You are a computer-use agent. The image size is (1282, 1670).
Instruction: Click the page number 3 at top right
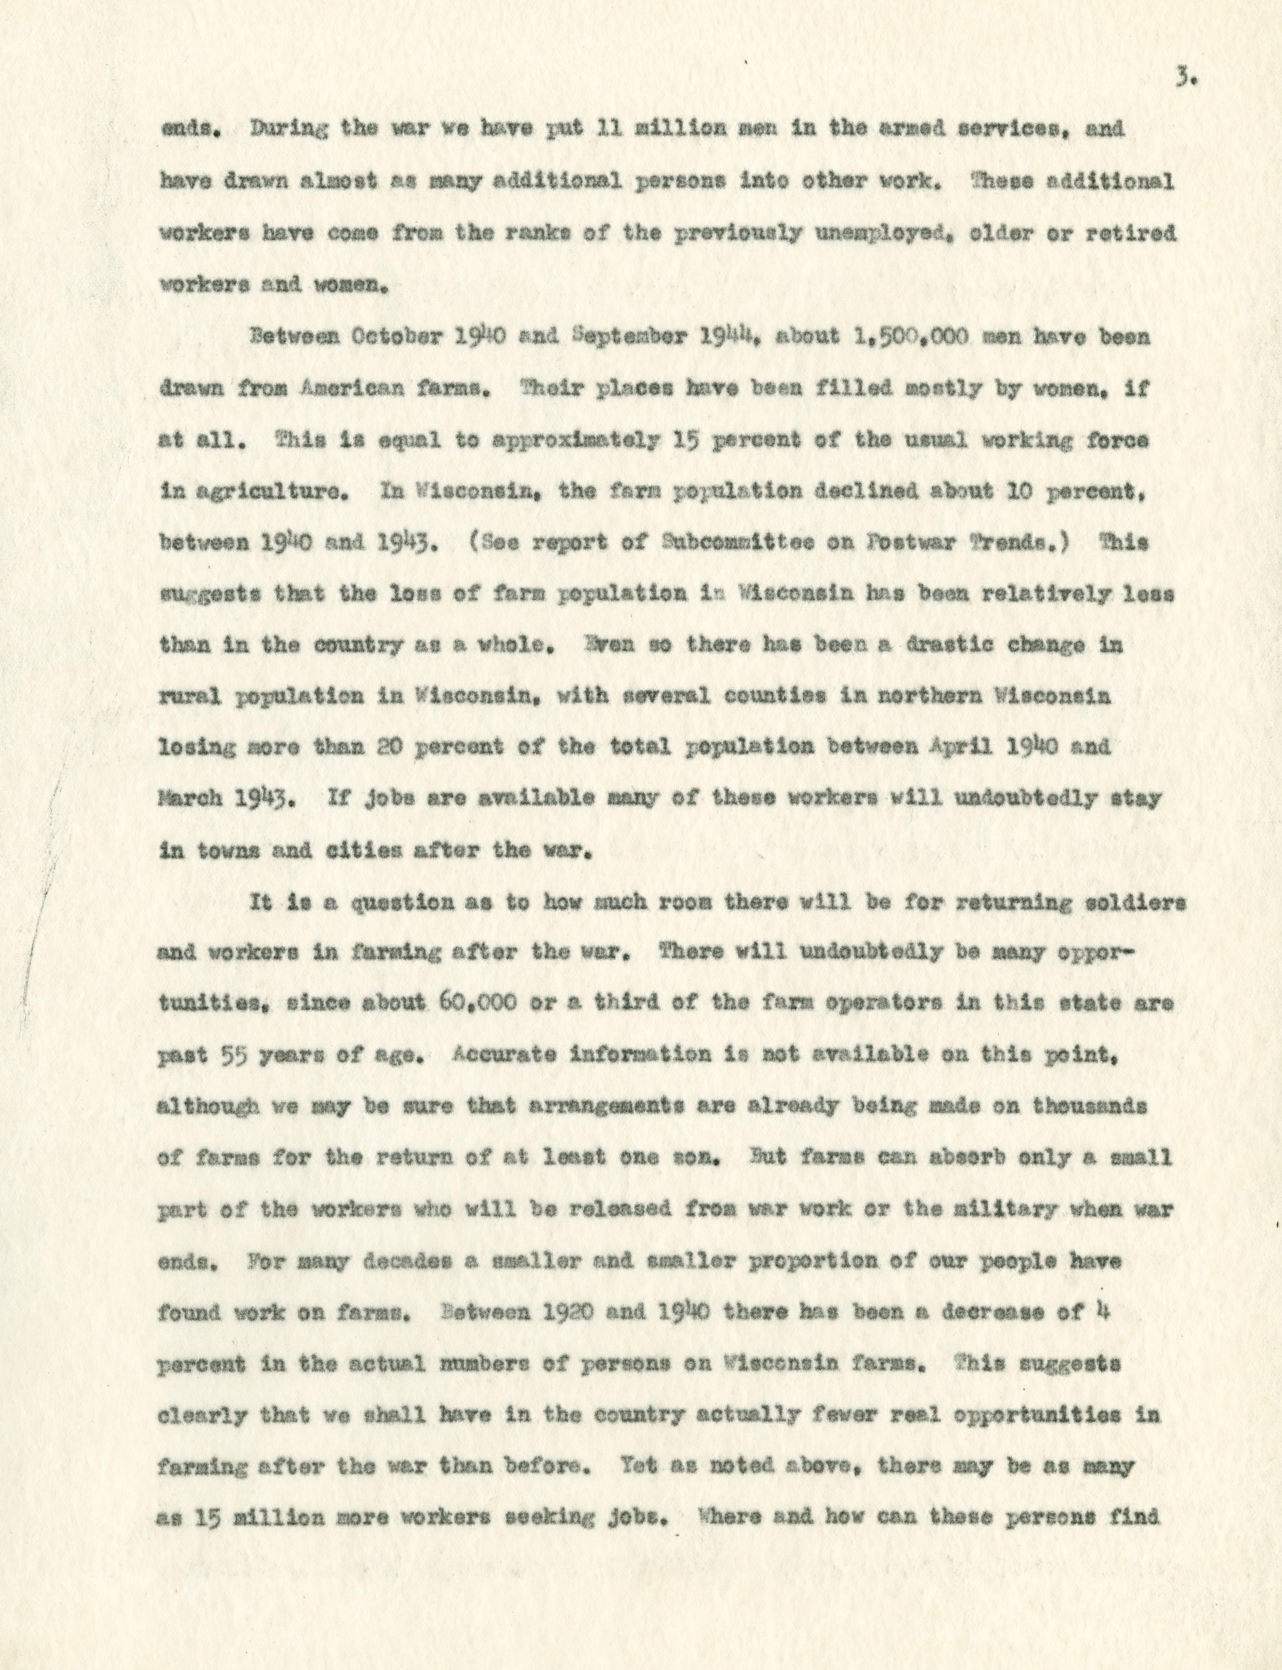click(x=1181, y=77)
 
